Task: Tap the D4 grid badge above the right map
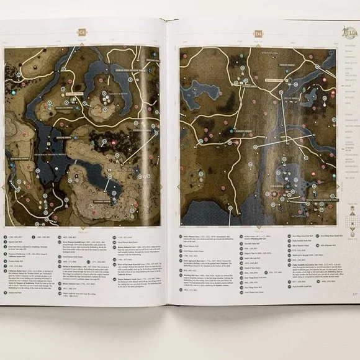pos(258,35)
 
